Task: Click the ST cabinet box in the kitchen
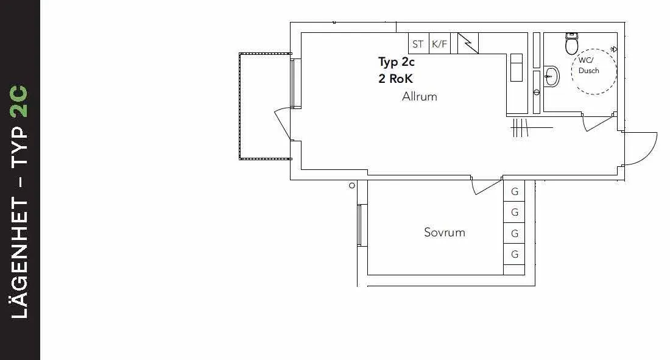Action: click(418, 44)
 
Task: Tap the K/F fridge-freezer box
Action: click(439, 44)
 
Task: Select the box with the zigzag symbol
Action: click(468, 43)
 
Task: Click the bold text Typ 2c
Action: click(397, 62)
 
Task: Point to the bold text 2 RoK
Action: click(396, 79)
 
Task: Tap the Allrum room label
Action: click(419, 96)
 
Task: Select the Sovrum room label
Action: click(444, 232)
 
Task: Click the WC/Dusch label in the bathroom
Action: click(588, 66)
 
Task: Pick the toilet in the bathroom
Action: click(572, 43)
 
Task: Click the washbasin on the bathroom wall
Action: click(552, 77)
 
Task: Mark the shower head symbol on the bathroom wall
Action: click(613, 49)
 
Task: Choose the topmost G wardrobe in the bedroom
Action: click(515, 192)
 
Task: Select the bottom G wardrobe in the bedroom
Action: click(515, 254)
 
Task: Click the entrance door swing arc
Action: click(643, 149)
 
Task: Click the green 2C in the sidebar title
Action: click(19, 102)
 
